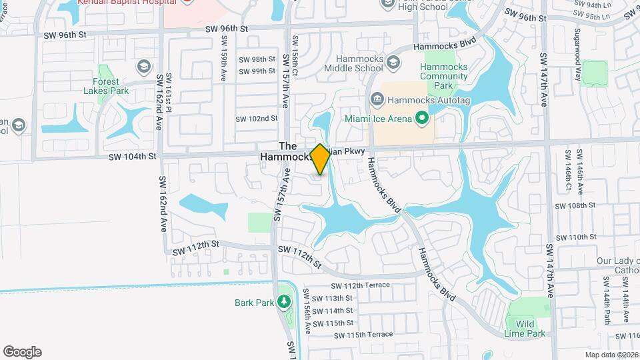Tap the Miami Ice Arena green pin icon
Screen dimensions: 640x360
click(421, 119)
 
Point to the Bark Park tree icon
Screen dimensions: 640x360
click(285, 302)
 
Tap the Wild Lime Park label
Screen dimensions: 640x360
click(530, 329)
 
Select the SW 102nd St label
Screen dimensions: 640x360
click(257, 119)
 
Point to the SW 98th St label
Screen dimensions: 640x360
click(257, 59)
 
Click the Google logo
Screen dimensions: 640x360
click(22, 352)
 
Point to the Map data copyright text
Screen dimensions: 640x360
click(611, 355)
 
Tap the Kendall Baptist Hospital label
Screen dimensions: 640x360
click(126, 2)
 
